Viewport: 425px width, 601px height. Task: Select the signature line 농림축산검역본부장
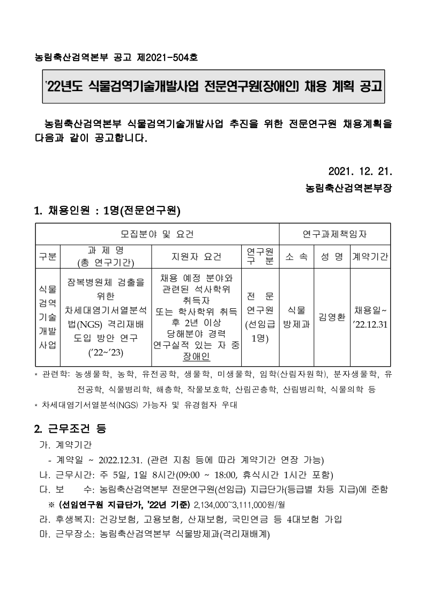348,189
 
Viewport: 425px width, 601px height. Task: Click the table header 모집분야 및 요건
156,234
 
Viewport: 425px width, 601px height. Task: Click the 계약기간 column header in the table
370,256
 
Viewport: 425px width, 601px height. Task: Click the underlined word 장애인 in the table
196,357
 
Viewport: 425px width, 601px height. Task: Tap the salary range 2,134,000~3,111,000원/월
240,504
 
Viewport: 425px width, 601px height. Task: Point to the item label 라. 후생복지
66,519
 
